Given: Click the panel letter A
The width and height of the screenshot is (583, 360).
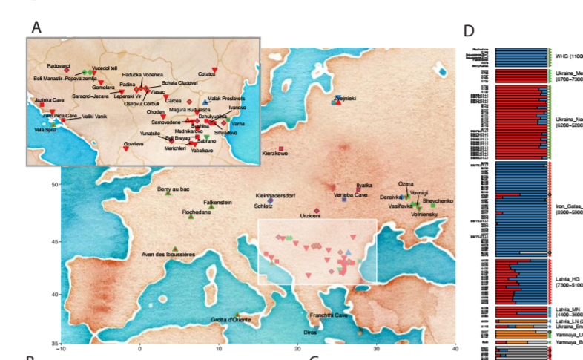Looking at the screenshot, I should coord(37,27).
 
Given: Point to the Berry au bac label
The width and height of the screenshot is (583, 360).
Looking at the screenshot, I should coord(174,190).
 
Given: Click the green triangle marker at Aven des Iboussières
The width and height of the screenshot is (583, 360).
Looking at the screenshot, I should coord(175,249).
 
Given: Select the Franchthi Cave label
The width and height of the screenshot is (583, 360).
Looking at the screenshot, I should coord(329,315).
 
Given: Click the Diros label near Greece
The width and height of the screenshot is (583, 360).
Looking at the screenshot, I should coord(310,332).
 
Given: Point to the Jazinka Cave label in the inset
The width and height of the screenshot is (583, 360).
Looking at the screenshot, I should coord(48,99).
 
